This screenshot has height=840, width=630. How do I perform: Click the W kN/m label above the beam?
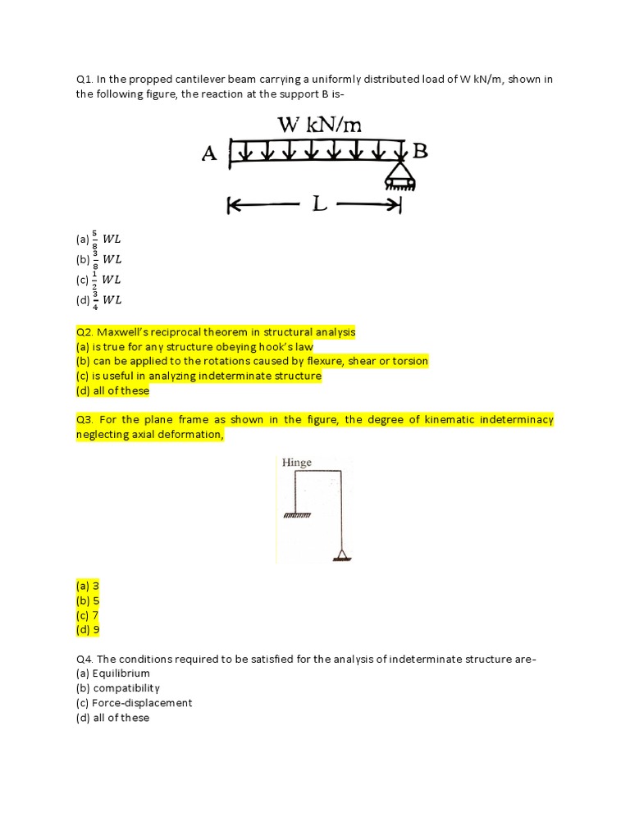[319, 125]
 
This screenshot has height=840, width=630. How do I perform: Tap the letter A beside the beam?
[209, 153]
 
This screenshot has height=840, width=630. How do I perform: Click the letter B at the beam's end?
[419, 151]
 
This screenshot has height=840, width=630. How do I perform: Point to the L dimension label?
[320, 205]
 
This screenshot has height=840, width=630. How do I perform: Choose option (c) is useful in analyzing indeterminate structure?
[198, 376]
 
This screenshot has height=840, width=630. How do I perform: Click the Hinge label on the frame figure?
[297, 463]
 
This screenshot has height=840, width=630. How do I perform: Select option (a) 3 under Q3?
[88, 586]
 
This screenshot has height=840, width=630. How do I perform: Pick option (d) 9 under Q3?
[88, 630]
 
